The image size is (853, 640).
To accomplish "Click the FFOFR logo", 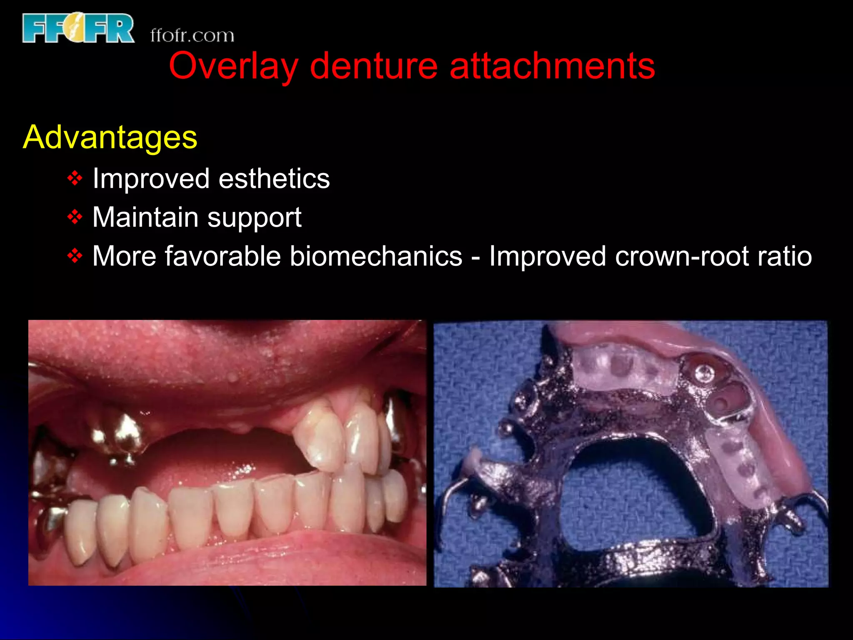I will [78, 28].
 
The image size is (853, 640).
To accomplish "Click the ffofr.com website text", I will [192, 35].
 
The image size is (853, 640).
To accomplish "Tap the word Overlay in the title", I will [233, 66].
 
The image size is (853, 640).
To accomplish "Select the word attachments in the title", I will [552, 66].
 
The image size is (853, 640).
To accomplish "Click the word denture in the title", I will [374, 66].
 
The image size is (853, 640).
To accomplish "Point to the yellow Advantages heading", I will [110, 137].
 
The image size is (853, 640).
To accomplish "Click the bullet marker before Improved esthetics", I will [75, 179].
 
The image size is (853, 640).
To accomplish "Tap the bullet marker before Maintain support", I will [75, 217].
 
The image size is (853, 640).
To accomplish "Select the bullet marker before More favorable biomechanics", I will [75, 256].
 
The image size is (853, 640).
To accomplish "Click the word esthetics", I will [274, 179].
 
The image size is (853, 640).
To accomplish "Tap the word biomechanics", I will [376, 256].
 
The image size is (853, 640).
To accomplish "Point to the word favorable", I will [223, 256].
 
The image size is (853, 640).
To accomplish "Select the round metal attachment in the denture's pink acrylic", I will [703, 373].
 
